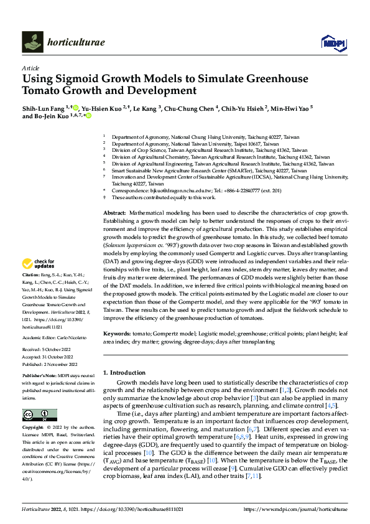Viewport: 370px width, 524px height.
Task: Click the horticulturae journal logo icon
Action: [32, 42]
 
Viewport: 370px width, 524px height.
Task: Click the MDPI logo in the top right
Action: [333, 42]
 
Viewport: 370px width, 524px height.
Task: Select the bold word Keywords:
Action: [118, 334]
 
